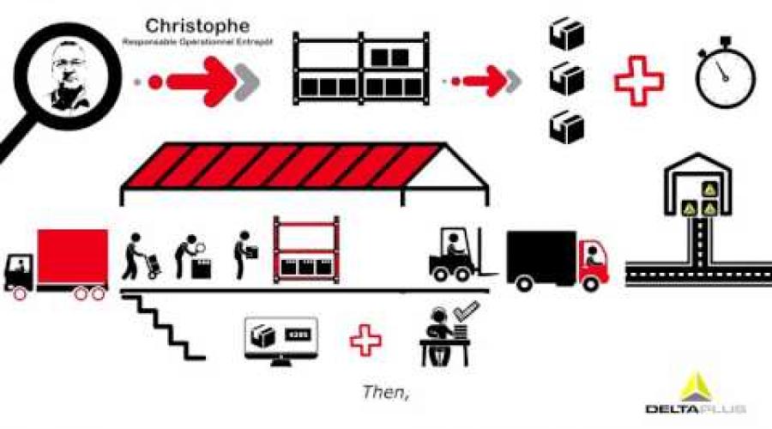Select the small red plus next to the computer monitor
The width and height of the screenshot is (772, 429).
click(365, 339)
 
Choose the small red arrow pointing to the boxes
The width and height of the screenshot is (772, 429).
click(488, 82)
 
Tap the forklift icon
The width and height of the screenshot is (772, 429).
click(455, 256)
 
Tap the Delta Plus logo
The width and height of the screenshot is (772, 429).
click(695, 394)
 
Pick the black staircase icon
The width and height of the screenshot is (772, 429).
click(166, 327)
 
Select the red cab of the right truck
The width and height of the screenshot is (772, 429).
click(594, 262)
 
